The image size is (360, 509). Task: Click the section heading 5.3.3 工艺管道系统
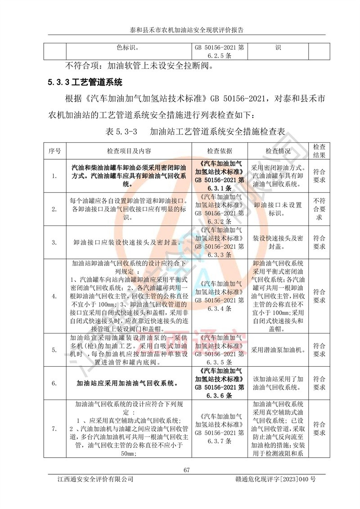[85, 82]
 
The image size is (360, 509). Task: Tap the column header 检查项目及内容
[129, 150]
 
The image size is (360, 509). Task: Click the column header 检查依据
[220, 150]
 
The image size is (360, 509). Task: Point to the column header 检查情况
[278, 150]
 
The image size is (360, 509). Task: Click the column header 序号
[54, 150]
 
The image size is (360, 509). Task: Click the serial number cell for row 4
[54, 296]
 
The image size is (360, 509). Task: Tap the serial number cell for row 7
[54, 428]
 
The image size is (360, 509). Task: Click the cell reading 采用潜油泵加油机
[278, 350]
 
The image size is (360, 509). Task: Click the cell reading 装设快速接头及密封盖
[278, 242]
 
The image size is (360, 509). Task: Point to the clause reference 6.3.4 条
[220, 309]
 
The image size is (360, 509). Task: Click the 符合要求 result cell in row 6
[319, 383]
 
